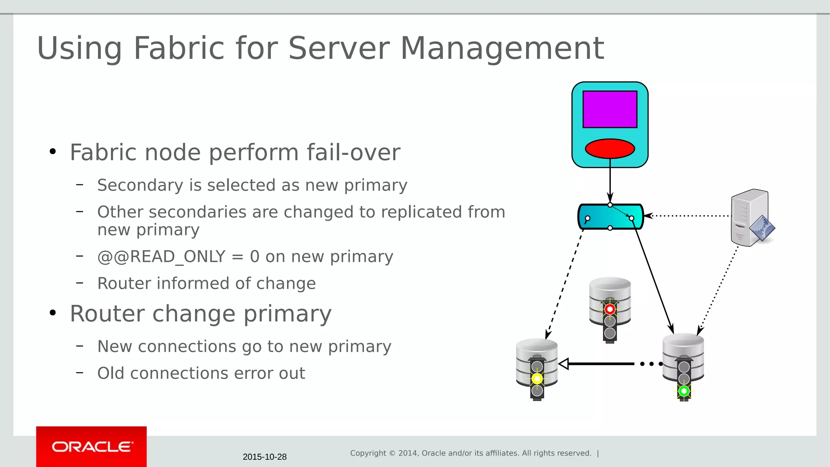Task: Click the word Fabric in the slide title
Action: tap(179, 48)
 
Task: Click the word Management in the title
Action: tap(502, 48)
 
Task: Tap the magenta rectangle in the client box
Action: tap(610, 109)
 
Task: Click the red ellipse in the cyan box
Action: tap(610, 148)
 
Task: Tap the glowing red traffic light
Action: tap(610, 309)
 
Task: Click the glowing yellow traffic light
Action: tap(537, 379)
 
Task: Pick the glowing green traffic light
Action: tap(684, 391)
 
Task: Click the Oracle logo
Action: tap(92, 447)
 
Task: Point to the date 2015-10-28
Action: tap(265, 457)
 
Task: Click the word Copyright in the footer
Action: tap(368, 453)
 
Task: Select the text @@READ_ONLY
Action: tap(161, 257)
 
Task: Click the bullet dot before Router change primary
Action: tap(53, 313)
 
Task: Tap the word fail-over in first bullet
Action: tap(353, 152)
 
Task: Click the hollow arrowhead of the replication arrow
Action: tap(564, 364)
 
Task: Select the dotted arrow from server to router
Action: tap(689, 216)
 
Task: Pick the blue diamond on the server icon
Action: tap(762, 228)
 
